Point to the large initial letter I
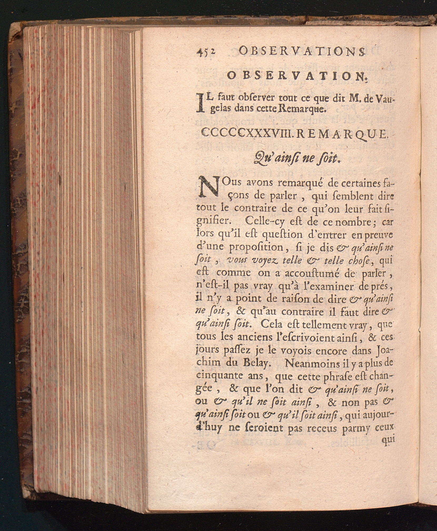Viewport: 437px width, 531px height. pos(201,104)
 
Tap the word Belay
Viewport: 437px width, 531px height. pos(252,363)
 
